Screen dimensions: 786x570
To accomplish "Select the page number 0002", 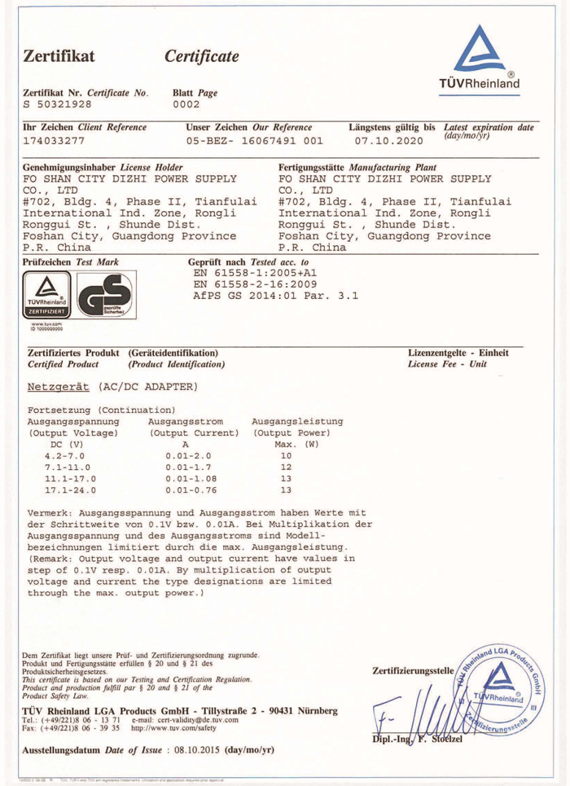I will (188, 104).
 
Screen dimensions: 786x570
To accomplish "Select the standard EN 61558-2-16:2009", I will (253, 284).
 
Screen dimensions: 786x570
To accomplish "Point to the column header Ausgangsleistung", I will (298, 421).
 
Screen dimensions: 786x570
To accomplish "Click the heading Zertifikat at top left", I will (61, 55).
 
